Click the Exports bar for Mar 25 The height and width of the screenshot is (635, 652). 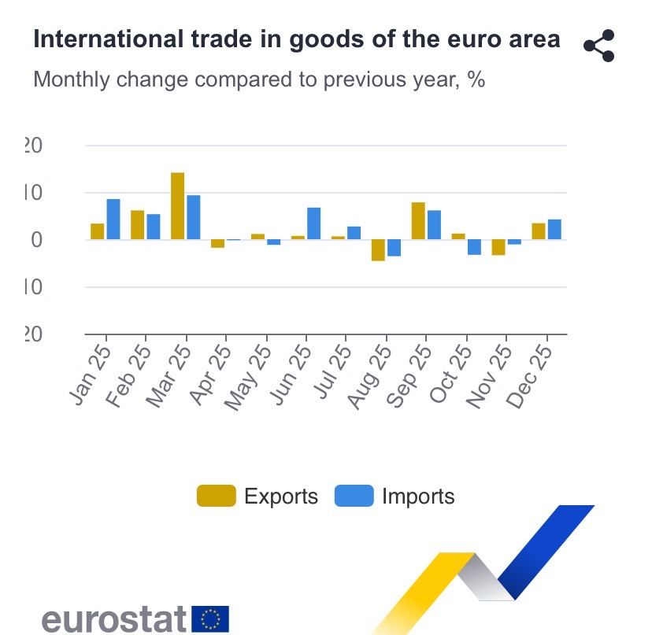coord(177,206)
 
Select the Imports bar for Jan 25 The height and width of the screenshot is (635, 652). coord(113,220)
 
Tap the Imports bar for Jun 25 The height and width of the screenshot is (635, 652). coord(313,223)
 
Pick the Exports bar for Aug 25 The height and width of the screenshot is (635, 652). coord(378,249)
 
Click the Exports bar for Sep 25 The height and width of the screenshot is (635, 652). coord(418,221)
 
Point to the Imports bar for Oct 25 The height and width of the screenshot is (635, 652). coord(474,247)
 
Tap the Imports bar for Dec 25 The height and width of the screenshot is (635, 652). coord(554,230)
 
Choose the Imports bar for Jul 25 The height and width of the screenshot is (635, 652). coord(354,233)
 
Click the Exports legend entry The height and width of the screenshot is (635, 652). coord(257,497)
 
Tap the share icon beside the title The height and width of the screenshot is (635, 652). coord(598,46)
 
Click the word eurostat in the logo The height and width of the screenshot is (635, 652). coord(113,618)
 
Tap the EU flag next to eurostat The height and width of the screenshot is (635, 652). coord(210,618)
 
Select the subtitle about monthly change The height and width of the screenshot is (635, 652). coord(258,79)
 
